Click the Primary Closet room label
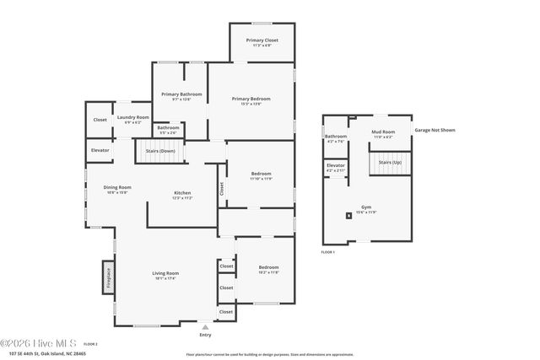pos(262,40)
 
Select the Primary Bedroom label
pos(251,99)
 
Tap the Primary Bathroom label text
pos(175,94)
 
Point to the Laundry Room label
pos(132,117)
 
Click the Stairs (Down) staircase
pos(159,152)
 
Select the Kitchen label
pos(183,193)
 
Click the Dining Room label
pos(117,187)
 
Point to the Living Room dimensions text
pos(165,278)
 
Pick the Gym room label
pos(366,207)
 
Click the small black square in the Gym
pos(348,216)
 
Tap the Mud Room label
pos(383,132)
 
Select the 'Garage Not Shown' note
pos(435,131)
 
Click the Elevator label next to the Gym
pos(336,165)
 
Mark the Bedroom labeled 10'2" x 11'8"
pos(268,268)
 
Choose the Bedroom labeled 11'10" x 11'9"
pos(260,175)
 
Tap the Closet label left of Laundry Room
pos(100,120)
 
